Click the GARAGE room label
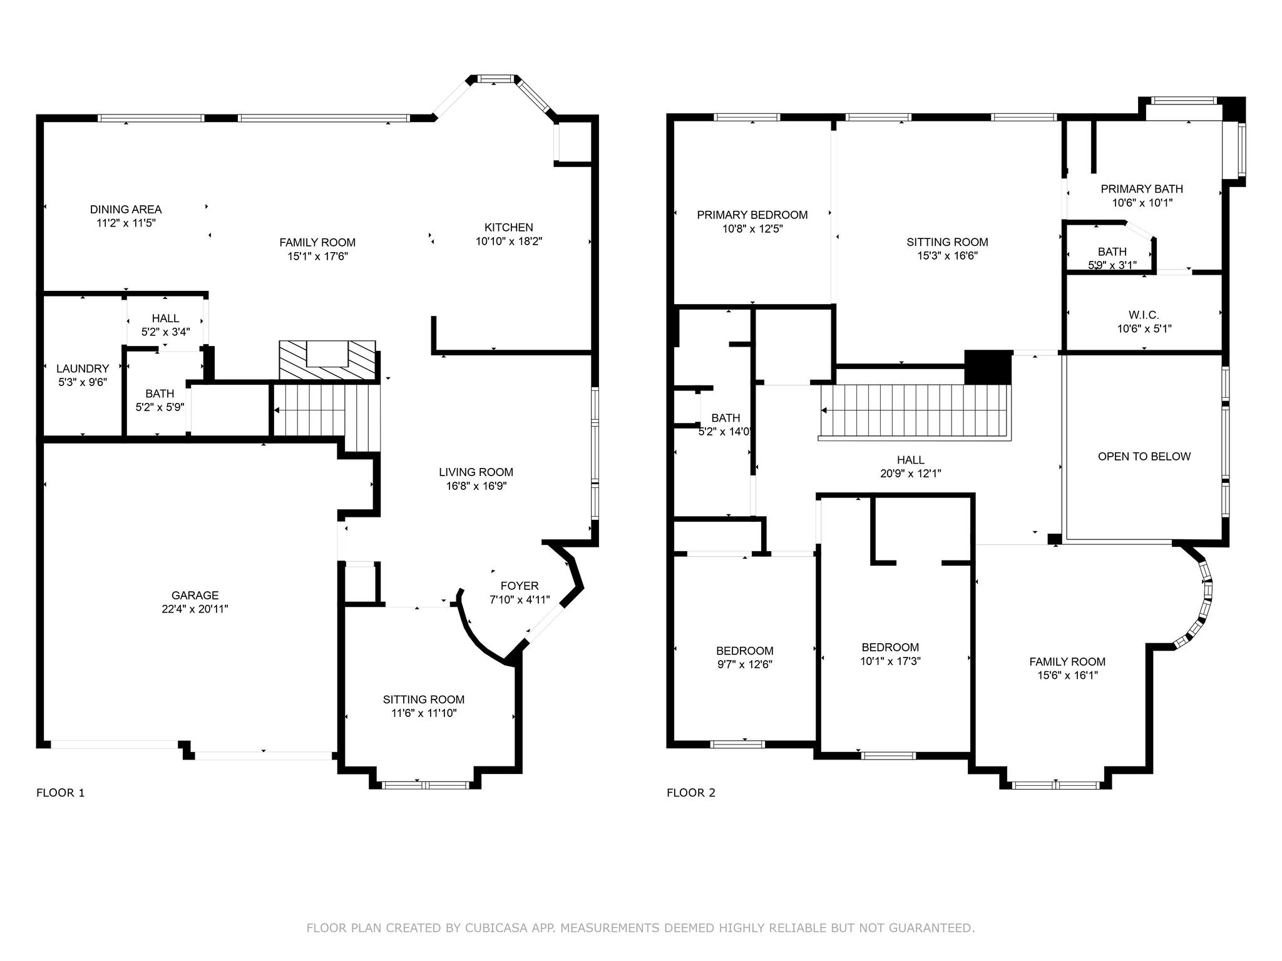(x=195, y=595)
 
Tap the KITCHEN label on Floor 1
(x=508, y=227)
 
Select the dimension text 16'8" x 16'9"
(x=476, y=486)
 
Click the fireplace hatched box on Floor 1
(x=327, y=360)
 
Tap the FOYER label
(x=519, y=586)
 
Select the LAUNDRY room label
(x=83, y=369)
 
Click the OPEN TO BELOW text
(x=1144, y=457)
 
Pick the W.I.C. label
(x=1144, y=315)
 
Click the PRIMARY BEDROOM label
(x=752, y=215)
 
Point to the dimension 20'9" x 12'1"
(x=910, y=474)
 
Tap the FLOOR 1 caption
(x=60, y=793)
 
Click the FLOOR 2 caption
(x=690, y=793)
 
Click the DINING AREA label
(x=126, y=210)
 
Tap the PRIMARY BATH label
(x=1141, y=189)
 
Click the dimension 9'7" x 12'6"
(x=744, y=664)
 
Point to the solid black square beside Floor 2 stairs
(x=987, y=367)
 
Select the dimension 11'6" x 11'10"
(x=424, y=713)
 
